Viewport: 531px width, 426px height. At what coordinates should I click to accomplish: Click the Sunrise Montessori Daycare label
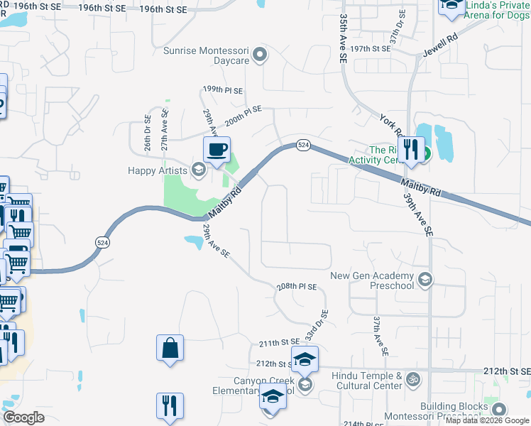(x=207, y=55)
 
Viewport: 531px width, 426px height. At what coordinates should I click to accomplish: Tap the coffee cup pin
(x=217, y=151)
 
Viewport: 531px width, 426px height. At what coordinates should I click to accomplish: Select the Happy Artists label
(x=158, y=170)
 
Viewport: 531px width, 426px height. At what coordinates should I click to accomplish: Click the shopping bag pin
(x=170, y=349)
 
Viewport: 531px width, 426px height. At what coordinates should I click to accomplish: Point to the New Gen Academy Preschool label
(x=372, y=280)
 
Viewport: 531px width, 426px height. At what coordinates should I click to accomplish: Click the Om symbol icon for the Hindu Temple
(x=412, y=381)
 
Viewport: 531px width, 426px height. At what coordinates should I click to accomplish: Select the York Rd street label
(x=390, y=126)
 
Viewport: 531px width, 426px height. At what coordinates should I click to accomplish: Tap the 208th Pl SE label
(x=296, y=286)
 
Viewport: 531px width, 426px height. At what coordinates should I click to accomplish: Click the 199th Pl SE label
(x=222, y=91)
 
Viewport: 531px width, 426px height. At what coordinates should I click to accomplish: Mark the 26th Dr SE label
(x=148, y=133)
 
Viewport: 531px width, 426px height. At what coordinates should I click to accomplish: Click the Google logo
(x=23, y=417)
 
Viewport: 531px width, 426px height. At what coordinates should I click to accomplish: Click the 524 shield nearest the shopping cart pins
(x=99, y=242)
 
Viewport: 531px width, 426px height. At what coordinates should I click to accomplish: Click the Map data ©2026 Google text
(x=487, y=420)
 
